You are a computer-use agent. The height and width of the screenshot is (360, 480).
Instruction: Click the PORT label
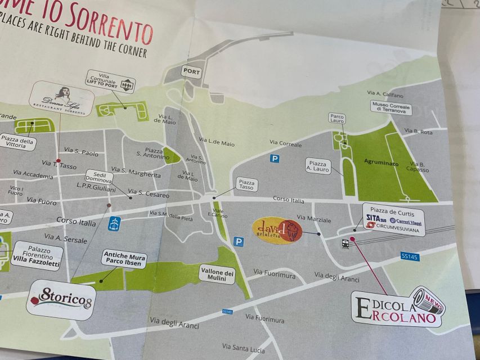[x=191, y=72]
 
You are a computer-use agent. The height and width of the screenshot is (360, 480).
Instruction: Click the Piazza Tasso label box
[x=246, y=185]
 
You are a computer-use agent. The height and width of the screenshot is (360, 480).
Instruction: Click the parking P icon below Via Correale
[x=275, y=159]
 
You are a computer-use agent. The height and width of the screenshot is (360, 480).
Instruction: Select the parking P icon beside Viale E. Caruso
[x=239, y=242]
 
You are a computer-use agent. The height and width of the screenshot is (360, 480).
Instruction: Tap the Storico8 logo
[x=61, y=299]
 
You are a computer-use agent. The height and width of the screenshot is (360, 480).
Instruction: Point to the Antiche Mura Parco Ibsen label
[x=124, y=259]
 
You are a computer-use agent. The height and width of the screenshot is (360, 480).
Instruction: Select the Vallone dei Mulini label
[x=217, y=274]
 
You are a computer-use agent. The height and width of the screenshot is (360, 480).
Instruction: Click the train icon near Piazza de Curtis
[x=345, y=244]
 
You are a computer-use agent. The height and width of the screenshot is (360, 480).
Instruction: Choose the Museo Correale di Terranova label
[x=391, y=107]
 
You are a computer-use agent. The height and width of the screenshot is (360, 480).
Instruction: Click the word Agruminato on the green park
[x=382, y=164]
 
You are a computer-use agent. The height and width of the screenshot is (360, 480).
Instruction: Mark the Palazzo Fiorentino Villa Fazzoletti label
[x=37, y=256]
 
